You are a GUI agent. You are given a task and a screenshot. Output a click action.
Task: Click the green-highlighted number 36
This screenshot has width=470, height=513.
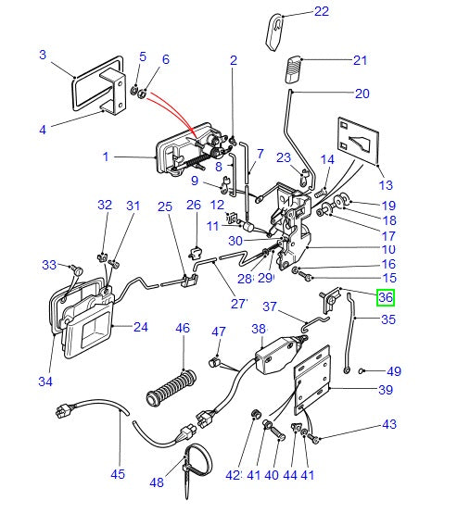pos(385,297)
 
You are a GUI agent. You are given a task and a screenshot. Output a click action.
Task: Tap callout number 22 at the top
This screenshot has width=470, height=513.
pos(321,12)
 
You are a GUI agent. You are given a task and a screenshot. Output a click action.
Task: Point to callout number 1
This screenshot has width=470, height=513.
pos(106,157)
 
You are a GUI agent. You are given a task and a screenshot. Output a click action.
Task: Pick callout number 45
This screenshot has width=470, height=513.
pos(118,475)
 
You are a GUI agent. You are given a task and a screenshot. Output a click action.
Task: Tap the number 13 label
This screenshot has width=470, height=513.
pos(386,184)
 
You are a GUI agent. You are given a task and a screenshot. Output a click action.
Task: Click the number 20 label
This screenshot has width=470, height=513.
pos(362,94)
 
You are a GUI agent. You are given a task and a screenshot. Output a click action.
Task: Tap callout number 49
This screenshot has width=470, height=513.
pos(394,371)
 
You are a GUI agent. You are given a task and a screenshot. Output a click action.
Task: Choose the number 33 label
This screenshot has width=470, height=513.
pos(49,266)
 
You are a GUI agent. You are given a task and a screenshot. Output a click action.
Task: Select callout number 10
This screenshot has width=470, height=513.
pos(387,250)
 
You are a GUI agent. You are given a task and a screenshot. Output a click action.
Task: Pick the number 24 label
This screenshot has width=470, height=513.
pos(140,326)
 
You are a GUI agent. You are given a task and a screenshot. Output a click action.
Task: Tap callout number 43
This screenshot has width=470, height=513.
pos(387,425)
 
